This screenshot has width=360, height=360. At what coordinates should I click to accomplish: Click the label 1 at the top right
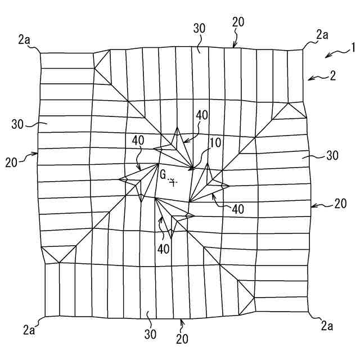353,48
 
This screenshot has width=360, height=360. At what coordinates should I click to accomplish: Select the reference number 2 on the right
333,75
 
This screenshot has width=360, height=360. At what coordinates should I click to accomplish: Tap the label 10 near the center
215,143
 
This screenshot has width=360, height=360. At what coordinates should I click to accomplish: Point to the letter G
163,174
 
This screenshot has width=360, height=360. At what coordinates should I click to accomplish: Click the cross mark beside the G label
174,182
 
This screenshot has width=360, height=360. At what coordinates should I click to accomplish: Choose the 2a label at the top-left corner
24,39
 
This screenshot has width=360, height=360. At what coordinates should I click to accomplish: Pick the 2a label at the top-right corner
322,35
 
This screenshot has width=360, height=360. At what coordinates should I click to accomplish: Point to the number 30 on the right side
332,156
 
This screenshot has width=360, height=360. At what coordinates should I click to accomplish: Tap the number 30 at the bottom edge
150,334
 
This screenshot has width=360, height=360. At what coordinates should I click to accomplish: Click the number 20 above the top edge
238,22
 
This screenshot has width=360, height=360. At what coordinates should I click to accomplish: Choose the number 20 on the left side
12,162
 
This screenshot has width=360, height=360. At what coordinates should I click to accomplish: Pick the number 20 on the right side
340,204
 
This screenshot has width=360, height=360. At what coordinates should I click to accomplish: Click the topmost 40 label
201,115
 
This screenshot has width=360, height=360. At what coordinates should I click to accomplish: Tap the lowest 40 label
164,248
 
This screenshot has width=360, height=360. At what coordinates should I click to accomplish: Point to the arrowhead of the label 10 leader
191,168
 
